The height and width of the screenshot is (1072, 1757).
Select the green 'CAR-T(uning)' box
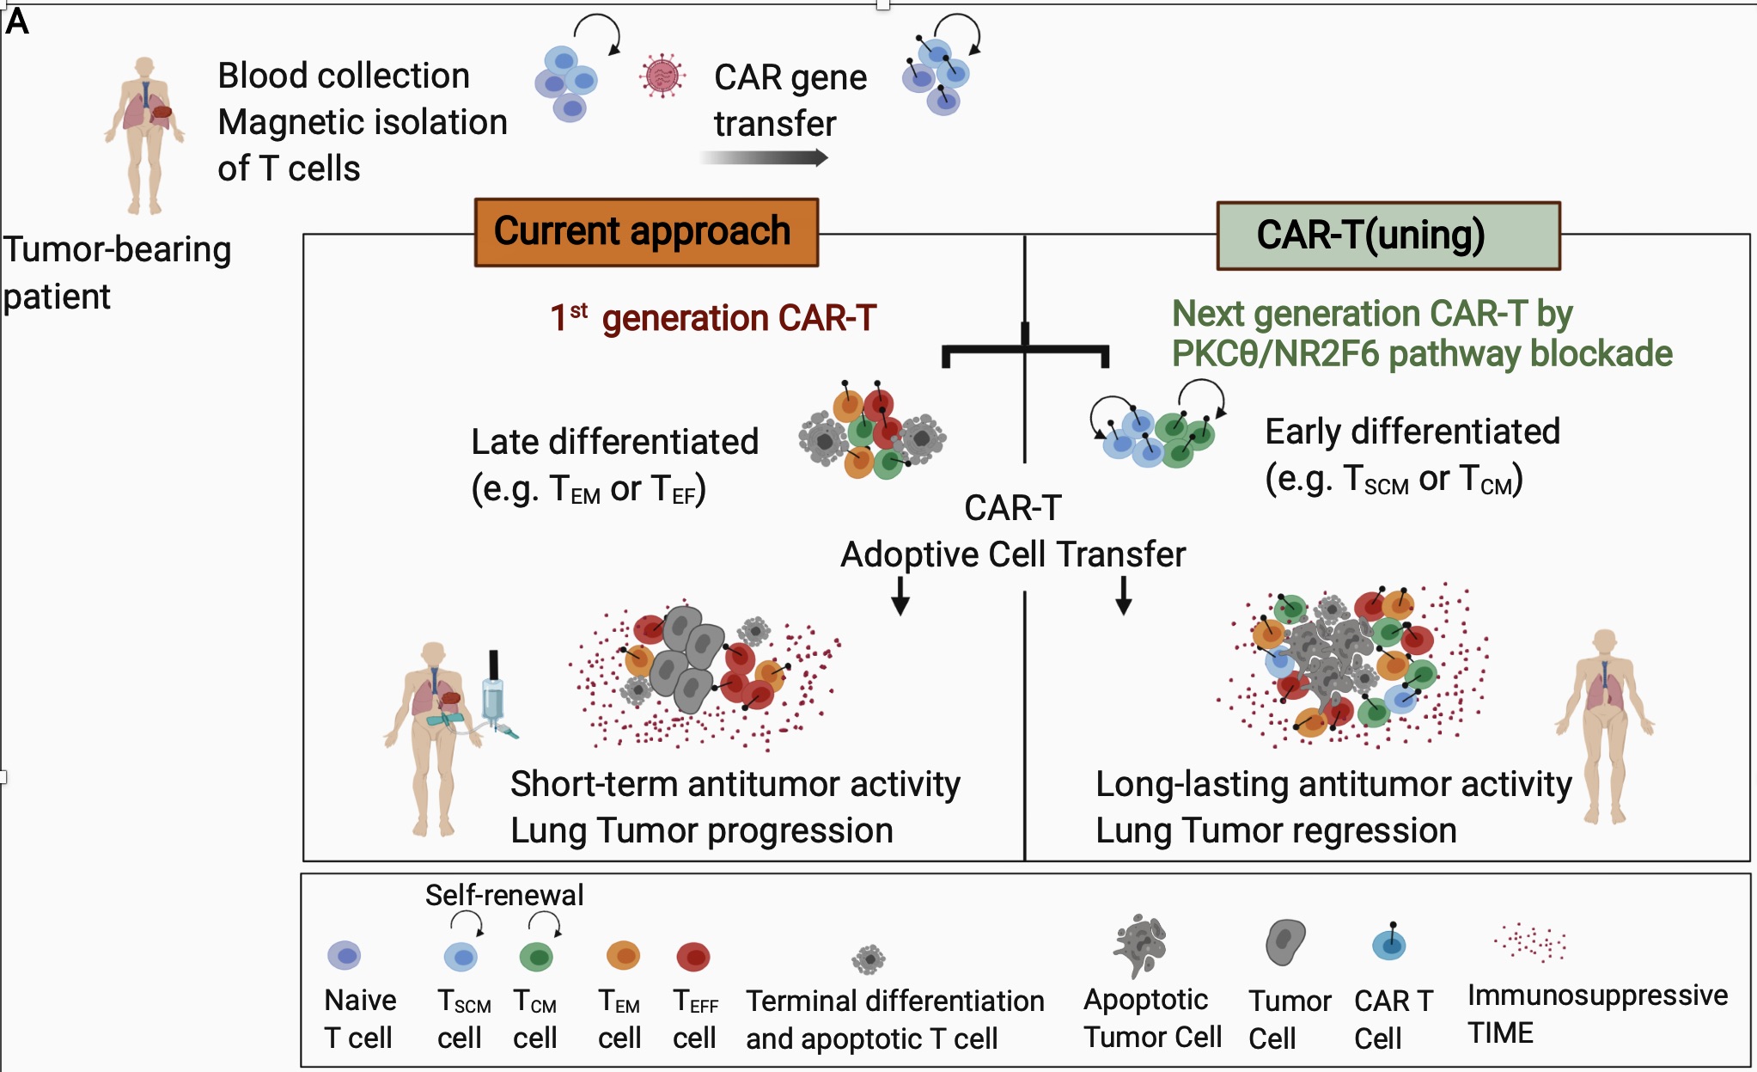pyautogui.click(x=1388, y=236)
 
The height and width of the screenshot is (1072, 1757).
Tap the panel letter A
pyautogui.click(x=17, y=21)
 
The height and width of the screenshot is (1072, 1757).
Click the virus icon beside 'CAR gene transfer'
pyautogui.click(x=662, y=77)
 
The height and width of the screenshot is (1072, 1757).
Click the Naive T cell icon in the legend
pyautogui.click(x=345, y=955)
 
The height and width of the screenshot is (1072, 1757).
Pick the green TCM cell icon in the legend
pyautogui.click(x=537, y=957)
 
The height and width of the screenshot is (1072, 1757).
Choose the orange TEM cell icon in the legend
pyautogui.click(x=623, y=955)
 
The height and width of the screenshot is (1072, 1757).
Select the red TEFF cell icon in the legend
pyautogui.click(x=693, y=956)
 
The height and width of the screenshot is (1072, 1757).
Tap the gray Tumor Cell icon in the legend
pyautogui.click(x=1284, y=942)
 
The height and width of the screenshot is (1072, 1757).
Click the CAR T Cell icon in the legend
pyautogui.click(x=1388, y=944)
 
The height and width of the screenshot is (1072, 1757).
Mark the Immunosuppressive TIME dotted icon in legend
pyautogui.click(x=1530, y=943)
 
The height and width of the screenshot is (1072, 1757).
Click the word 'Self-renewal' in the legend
pyautogui.click(x=504, y=895)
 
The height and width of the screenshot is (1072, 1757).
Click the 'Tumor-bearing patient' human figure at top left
pyautogui.click(x=144, y=133)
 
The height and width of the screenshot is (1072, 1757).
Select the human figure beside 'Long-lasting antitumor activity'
pyautogui.click(x=1604, y=722)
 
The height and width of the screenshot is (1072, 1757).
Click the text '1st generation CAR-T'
pyautogui.click(x=713, y=318)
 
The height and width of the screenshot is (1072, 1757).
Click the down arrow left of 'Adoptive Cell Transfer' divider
pyautogui.click(x=900, y=596)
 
